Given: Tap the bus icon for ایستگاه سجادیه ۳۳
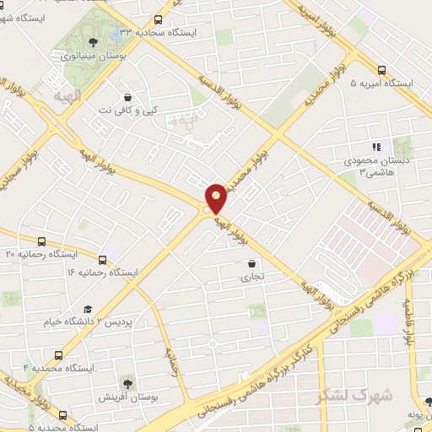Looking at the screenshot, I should click(x=159, y=20).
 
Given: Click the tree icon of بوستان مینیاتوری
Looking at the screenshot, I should click(x=92, y=40).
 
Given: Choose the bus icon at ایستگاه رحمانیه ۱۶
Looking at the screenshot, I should click(x=103, y=260).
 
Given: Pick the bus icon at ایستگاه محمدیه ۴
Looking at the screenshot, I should click(x=58, y=355).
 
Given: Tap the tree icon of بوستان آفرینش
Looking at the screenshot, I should click(x=127, y=384).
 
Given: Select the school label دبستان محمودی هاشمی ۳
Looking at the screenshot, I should click(x=365, y=165).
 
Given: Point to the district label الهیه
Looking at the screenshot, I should click(x=65, y=98).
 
